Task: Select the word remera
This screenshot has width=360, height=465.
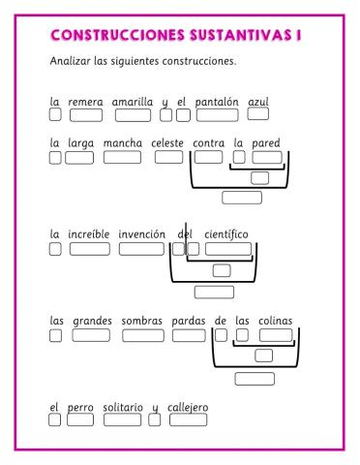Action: click(x=85, y=101)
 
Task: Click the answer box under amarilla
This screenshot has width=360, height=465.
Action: click(x=132, y=115)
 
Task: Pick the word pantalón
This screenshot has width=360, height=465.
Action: click(x=217, y=101)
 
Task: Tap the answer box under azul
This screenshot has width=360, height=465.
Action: click(x=258, y=114)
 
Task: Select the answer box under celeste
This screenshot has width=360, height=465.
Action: click(x=168, y=157)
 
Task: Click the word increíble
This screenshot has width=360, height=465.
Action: click(x=89, y=233)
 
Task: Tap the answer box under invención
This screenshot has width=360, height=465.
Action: click(x=141, y=248)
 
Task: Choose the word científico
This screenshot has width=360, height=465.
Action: click(x=226, y=233)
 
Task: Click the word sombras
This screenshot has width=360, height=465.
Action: click(x=141, y=322)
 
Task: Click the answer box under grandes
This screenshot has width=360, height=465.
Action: click(x=91, y=336)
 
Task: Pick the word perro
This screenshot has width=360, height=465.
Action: click(x=80, y=407)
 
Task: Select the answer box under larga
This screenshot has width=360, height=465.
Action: click(x=79, y=157)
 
